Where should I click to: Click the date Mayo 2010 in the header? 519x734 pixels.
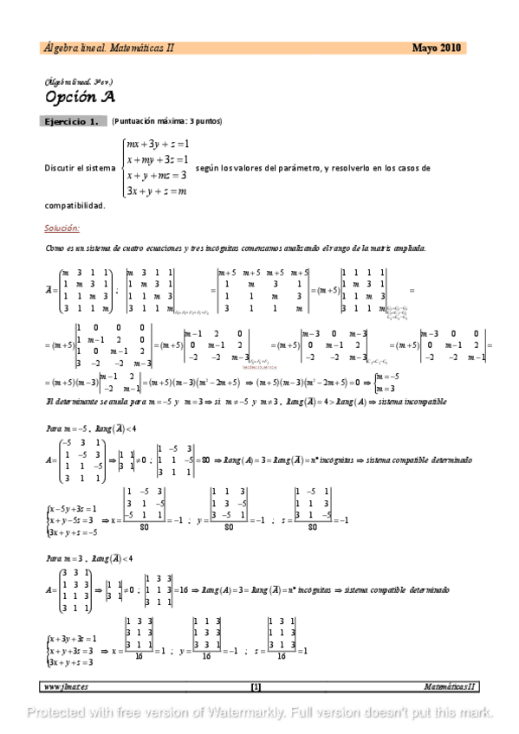pyautogui.click(x=437, y=48)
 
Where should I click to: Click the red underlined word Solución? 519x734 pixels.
pyautogui.click(x=62, y=229)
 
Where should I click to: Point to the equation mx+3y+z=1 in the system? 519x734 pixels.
pyautogui.click(x=157, y=144)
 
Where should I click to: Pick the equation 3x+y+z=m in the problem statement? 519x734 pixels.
pyautogui.click(x=157, y=191)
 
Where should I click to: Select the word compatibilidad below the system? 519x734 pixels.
pyautogui.click(x=75, y=206)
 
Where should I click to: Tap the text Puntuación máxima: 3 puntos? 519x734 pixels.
pyautogui.click(x=166, y=121)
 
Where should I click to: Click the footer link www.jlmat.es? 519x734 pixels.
pyautogui.click(x=66, y=686)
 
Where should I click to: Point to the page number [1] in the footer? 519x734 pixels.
pyautogui.click(x=256, y=686)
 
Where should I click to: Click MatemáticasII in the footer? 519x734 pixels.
pyautogui.click(x=450, y=686)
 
